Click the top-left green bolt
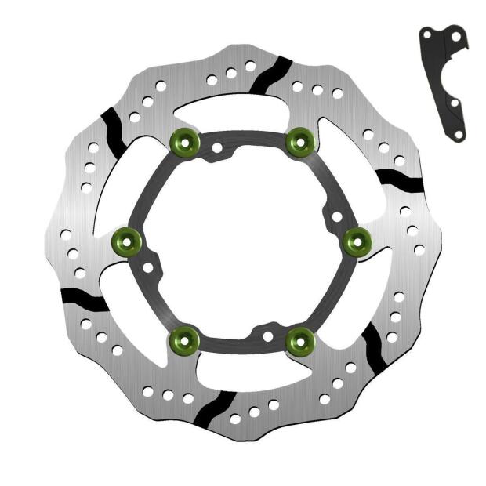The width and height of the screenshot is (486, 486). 185,141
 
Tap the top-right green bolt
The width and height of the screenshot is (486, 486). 299,141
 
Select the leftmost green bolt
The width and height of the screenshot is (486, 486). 127,240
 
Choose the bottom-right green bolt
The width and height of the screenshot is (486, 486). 299,339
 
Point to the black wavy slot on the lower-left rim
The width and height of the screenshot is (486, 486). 83,299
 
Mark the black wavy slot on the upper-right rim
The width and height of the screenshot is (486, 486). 401,181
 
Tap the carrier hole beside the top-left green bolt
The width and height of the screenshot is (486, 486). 216,147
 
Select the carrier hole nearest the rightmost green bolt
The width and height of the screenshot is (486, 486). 337,216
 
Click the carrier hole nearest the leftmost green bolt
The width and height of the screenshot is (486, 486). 148,267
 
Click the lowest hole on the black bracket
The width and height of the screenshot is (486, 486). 458,134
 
